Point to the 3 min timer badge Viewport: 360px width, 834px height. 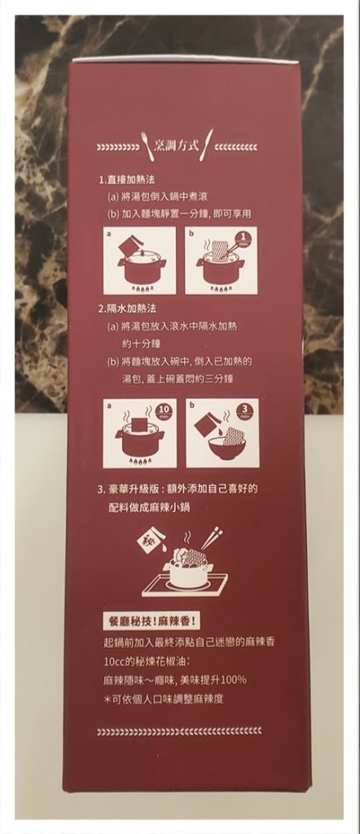(x=243, y=410)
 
